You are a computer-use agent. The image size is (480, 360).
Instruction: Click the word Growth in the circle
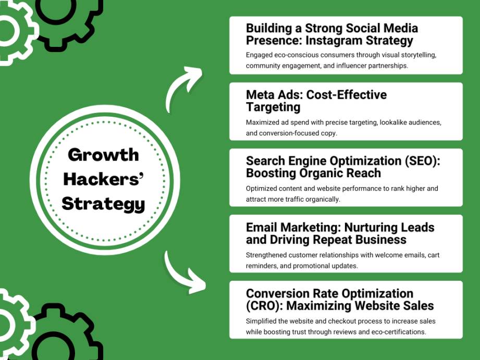(x=103, y=155)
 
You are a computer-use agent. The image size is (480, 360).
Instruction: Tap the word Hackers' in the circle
(x=103, y=179)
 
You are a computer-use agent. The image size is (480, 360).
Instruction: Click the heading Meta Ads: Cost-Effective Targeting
(x=316, y=101)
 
